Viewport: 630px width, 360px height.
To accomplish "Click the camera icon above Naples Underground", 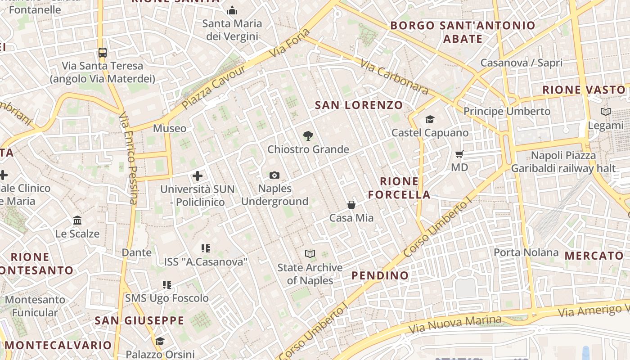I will pyautogui.click(x=274, y=175).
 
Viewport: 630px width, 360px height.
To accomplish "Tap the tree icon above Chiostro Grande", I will pyautogui.click(x=308, y=135).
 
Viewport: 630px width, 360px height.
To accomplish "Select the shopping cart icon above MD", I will pyautogui.click(x=459, y=154).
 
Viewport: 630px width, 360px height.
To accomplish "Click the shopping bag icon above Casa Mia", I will pyautogui.click(x=351, y=205).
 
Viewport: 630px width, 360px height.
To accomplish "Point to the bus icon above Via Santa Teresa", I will pyautogui.click(x=103, y=52).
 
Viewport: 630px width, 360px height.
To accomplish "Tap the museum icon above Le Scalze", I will pyautogui.click(x=77, y=220).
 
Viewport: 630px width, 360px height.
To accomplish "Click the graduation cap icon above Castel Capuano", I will pyautogui.click(x=430, y=119).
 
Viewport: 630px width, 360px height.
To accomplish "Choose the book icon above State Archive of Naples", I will pyautogui.click(x=310, y=254).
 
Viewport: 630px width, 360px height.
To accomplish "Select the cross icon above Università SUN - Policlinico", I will pyautogui.click(x=198, y=176).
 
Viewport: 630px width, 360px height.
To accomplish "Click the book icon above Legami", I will pyautogui.click(x=606, y=112).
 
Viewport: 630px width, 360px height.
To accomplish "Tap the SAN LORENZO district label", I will pyautogui.click(x=359, y=105).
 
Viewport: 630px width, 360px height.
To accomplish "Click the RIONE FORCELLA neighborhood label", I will pyautogui.click(x=399, y=188).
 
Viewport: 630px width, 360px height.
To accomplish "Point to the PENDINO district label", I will pyautogui.click(x=380, y=275).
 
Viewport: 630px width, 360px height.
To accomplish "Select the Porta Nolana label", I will pyautogui.click(x=526, y=252).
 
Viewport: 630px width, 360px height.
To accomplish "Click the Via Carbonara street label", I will pyautogui.click(x=394, y=77).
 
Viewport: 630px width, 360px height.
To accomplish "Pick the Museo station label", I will pyautogui.click(x=170, y=128).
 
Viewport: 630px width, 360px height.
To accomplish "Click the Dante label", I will pyautogui.click(x=137, y=252).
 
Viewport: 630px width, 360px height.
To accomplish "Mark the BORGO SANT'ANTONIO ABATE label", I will pyautogui.click(x=463, y=32).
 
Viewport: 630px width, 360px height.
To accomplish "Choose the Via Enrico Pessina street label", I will pyautogui.click(x=128, y=157).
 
